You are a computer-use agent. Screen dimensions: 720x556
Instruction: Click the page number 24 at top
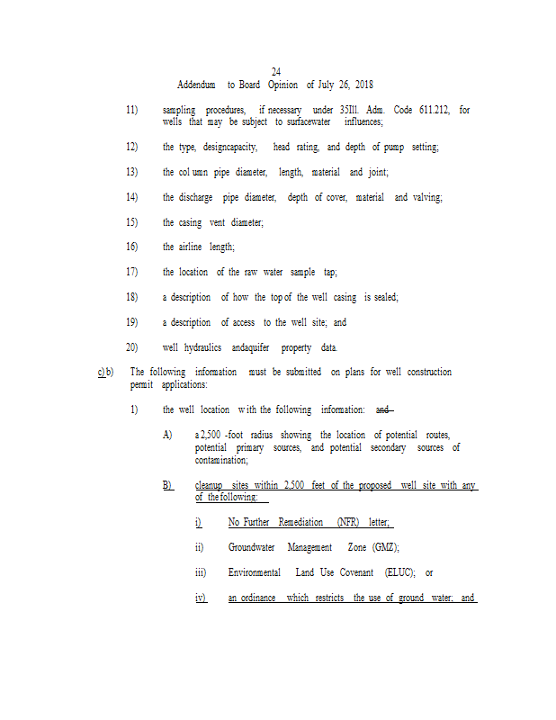(276, 72)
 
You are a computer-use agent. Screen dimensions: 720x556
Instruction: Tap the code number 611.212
(436, 110)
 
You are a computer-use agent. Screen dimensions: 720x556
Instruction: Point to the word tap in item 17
(330, 272)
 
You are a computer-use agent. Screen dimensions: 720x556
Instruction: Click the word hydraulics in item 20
(202, 347)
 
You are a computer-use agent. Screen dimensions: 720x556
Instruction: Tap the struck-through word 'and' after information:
(383, 410)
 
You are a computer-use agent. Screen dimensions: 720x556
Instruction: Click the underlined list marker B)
(167, 486)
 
